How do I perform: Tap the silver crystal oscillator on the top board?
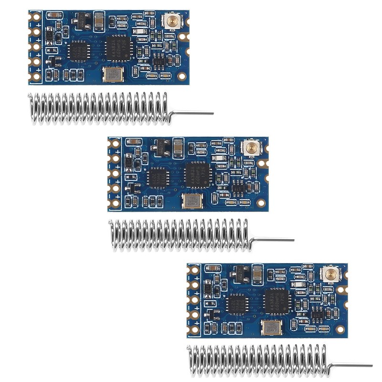click(x=113, y=74)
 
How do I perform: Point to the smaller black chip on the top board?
click(x=78, y=50)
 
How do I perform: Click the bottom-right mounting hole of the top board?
click(x=181, y=75)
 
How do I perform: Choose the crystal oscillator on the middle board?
click(x=192, y=201)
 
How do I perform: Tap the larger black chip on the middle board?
click(x=197, y=174)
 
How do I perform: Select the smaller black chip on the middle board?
click(x=158, y=177)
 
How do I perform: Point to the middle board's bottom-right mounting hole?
click(x=261, y=202)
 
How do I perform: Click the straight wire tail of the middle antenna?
click(x=272, y=240)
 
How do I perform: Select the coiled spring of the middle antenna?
click(x=180, y=235)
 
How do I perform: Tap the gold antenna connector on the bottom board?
click(x=329, y=274)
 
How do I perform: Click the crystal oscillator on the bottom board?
click(x=272, y=328)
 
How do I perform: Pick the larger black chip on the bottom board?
click(x=276, y=301)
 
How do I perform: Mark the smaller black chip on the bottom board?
click(x=237, y=304)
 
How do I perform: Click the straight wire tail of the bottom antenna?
click(x=351, y=366)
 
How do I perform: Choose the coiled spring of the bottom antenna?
click(x=258, y=361)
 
